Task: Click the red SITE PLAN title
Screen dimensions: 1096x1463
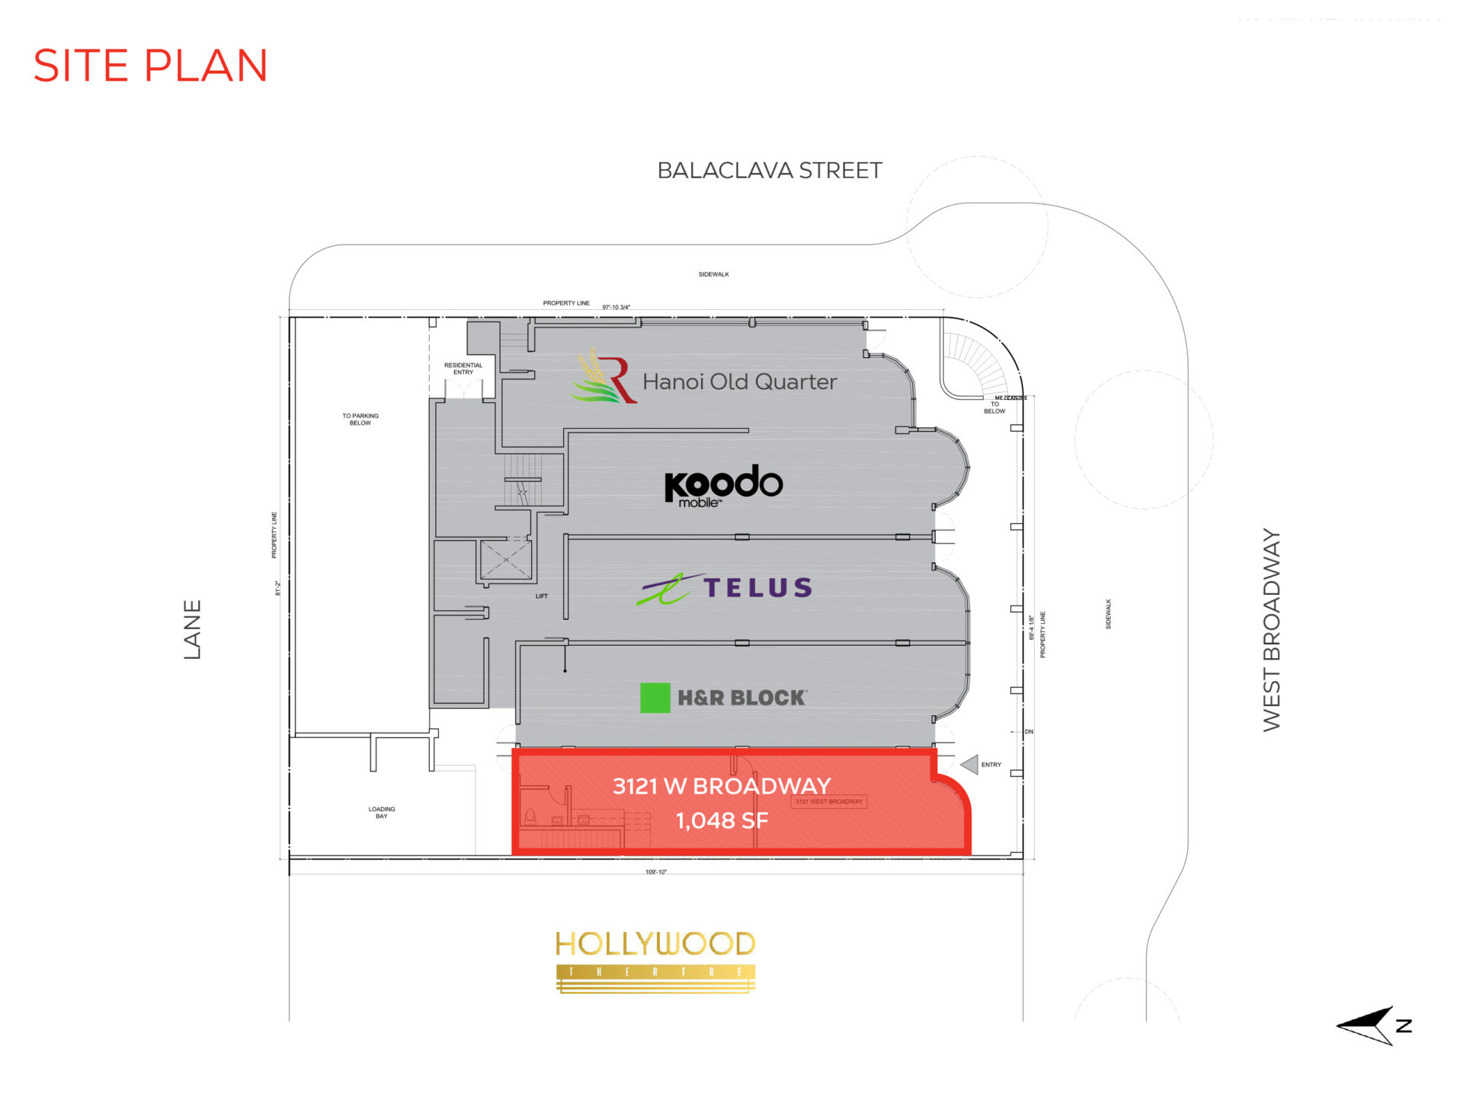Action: pos(150,66)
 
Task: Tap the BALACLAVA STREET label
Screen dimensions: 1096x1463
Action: pos(769,171)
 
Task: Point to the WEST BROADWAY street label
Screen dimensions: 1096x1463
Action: pos(1271,630)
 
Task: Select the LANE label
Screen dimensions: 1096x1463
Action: pos(193,629)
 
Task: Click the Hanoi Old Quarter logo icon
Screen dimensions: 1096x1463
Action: pos(604,376)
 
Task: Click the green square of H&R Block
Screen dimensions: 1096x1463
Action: pos(655,698)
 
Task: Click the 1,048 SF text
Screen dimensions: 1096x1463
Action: pos(722,821)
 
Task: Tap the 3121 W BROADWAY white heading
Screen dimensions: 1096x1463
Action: pos(721,786)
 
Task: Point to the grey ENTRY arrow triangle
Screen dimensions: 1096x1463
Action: pos(969,764)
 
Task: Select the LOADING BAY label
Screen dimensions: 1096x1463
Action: pos(382,813)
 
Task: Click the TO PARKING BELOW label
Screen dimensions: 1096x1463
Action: pos(360,420)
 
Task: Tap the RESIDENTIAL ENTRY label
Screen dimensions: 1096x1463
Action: pos(463,369)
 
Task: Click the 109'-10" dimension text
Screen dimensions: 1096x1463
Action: pos(655,872)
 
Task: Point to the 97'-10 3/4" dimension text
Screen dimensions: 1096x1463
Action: pos(616,308)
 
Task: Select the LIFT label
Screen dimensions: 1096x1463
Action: pos(541,596)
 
